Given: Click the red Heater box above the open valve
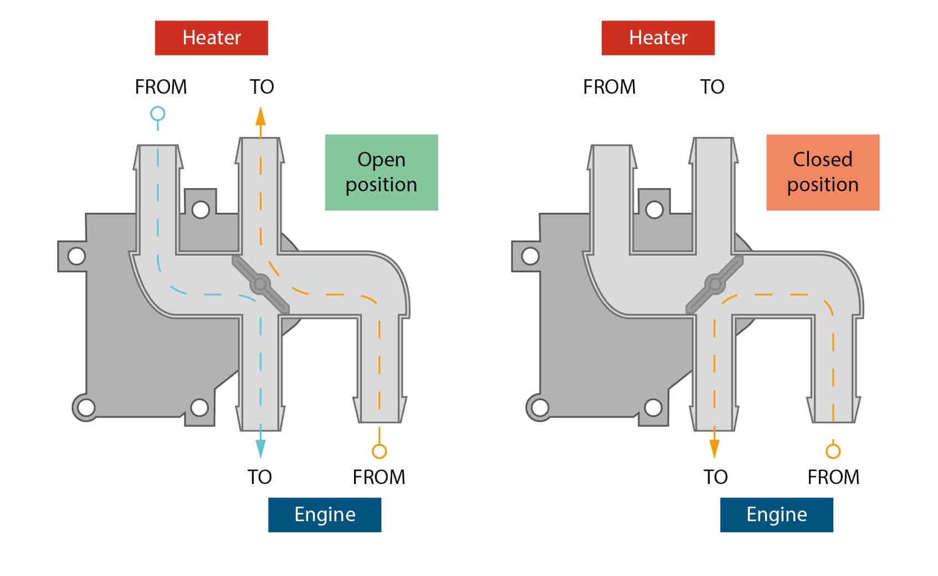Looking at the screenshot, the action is [212, 38].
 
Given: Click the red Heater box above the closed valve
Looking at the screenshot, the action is [658, 38].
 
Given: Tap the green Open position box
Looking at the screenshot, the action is [382, 172].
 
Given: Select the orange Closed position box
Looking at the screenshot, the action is [823, 172].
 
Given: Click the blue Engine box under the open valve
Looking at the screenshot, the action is [325, 515].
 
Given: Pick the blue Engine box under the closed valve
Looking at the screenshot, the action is [776, 515].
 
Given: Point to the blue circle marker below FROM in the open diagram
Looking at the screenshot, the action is [158, 114].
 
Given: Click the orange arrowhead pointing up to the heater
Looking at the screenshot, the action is [260, 116].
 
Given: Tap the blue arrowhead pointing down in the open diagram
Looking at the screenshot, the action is [260, 448].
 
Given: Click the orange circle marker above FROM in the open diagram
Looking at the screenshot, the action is [380, 451].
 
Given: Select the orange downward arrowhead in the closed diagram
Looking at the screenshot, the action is [714, 448].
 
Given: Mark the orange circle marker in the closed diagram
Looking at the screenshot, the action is [833, 451].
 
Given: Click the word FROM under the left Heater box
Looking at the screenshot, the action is [161, 87].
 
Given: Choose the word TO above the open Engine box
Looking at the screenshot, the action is [260, 477].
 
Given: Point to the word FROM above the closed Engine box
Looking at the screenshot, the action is [833, 477].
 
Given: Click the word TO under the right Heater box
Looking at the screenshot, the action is [713, 87].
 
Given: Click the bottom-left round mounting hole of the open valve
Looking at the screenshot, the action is [86, 407].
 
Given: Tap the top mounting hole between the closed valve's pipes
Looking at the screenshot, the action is [654, 210].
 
